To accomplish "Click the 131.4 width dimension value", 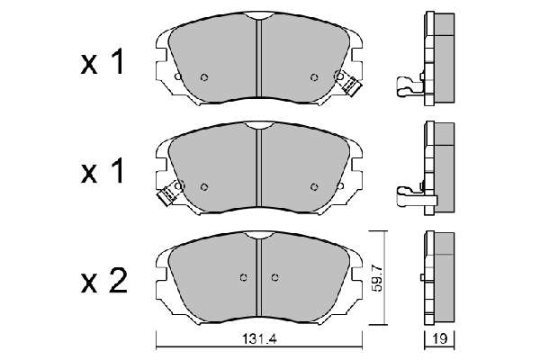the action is (x=259, y=339).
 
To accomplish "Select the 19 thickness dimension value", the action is (x=439, y=339).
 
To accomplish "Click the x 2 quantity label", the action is (x=104, y=282).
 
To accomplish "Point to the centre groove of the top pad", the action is (x=259, y=58).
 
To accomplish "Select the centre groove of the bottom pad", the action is (x=259, y=278).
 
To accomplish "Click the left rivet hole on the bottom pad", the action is (x=244, y=277).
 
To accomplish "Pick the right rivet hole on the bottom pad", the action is (x=274, y=277).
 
